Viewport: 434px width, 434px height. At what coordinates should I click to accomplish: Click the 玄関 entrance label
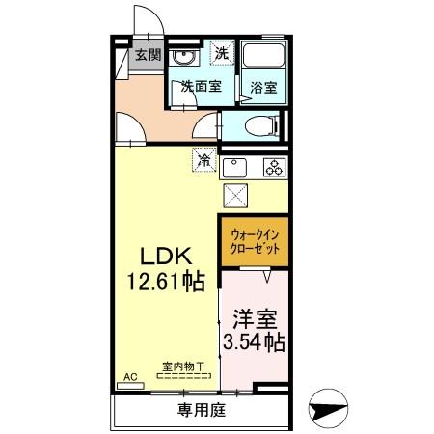click(148, 55)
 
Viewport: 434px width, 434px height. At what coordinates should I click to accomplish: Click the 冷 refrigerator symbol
click(204, 159)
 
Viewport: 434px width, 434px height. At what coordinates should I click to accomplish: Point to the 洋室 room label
click(255, 317)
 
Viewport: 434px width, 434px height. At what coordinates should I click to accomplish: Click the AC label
click(130, 376)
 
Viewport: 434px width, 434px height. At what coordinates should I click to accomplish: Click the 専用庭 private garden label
click(202, 411)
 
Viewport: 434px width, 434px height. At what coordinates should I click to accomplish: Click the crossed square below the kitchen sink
click(235, 196)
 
